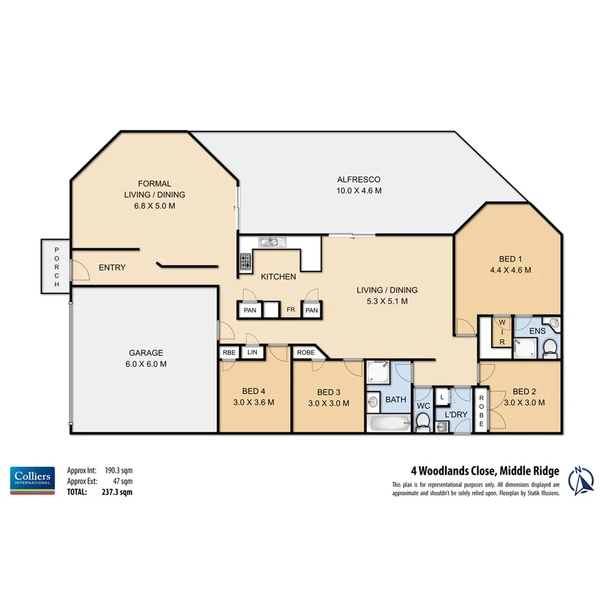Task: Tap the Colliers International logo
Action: tap(31, 480)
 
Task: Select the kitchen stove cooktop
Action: tap(246, 262)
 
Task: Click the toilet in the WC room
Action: tap(423, 421)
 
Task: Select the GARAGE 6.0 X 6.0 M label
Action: tap(146, 358)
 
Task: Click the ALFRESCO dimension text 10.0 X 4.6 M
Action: tap(358, 191)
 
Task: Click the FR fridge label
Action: tap(291, 310)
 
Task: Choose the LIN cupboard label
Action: tap(252, 353)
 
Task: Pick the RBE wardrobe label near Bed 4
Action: tap(229, 353)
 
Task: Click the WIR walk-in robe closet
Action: tap(501, 331)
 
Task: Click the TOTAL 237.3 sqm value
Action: tap(120, 492)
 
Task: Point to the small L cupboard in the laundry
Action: tap(441, 395)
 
